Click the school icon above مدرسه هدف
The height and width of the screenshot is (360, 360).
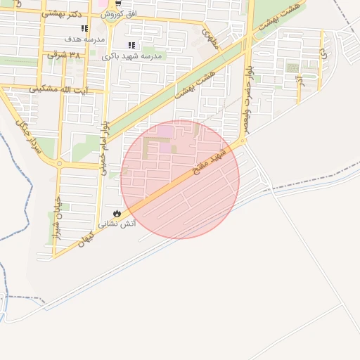tap(84, 29)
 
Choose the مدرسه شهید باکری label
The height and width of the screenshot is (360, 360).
tap(132, 56)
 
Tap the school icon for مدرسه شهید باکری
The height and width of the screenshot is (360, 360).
tap(131, 46)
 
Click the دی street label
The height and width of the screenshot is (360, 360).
tap(322, 53)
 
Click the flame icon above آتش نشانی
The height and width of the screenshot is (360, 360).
tap(116, 213)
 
